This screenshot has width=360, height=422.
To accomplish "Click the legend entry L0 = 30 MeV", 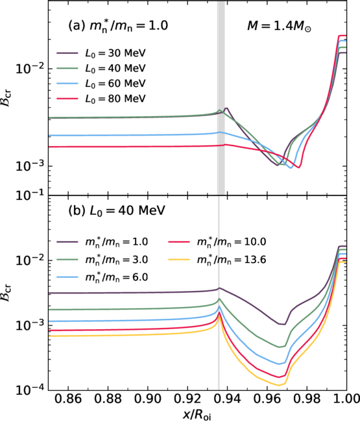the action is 101,53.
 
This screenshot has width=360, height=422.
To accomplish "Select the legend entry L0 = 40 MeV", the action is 101,68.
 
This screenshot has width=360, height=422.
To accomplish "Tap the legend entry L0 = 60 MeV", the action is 101,84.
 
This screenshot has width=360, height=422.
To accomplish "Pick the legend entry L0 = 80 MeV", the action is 101,99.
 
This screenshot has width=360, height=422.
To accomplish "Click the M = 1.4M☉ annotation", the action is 280,27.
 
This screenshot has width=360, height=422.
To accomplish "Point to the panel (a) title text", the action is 118,27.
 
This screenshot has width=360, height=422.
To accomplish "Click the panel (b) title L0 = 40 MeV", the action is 117,211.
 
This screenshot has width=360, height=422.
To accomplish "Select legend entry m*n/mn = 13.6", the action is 217,260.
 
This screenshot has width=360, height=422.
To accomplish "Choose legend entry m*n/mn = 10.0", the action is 217,242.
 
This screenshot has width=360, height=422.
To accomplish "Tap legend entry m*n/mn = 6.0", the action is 102,277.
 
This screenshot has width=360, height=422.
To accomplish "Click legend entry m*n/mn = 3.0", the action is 102,260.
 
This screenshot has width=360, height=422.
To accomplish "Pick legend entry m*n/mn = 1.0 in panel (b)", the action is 102,242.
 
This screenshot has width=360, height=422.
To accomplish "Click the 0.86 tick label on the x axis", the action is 68,399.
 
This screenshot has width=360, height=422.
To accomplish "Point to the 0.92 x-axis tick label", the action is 187,399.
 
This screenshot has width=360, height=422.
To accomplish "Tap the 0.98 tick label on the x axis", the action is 307,399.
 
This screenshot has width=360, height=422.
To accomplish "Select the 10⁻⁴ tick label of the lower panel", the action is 30,390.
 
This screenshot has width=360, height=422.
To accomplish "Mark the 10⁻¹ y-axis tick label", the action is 30,195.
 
